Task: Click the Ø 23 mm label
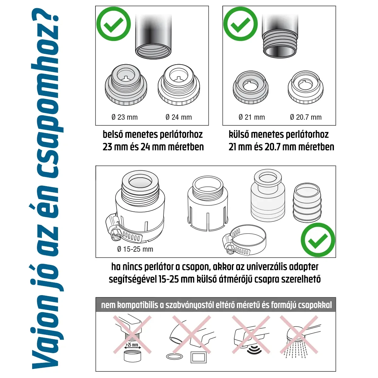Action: pyautogui.click(x=125, y=117)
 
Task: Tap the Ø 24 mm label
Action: pyautogui.click(x=179, y=117)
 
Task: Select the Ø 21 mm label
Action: pyautogui.click(x=252, y=117)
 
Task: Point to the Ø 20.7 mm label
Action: pyautogui.click(x=306, y=117)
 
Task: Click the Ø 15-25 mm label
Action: pyautogui.click(x=135, y=249)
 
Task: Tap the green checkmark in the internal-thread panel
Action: pyautogui.click(x=113, y=24)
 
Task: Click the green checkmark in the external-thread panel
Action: pyautogui.click(x=241, y=24)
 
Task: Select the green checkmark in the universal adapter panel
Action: pyautogui.click(x=318, y=240)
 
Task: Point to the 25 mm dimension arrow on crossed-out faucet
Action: pyautogui.click(x=132, y=346)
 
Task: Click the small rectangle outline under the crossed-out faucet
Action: pyautogui.click(x=198, y=358)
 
